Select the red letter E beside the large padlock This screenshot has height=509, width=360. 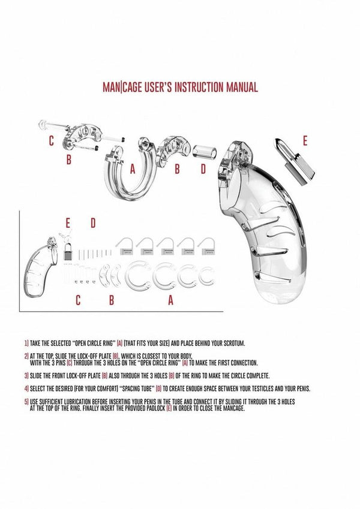[305, 141]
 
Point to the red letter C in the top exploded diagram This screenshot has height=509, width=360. [52, 141]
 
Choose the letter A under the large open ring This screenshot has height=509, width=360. [133, 170]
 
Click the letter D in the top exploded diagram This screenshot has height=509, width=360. [203, 170]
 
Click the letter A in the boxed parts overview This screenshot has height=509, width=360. [170, 301]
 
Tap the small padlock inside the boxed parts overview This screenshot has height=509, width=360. [68, 254]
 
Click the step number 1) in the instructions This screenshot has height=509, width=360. [26, 343]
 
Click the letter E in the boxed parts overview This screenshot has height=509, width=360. [68, 223]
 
